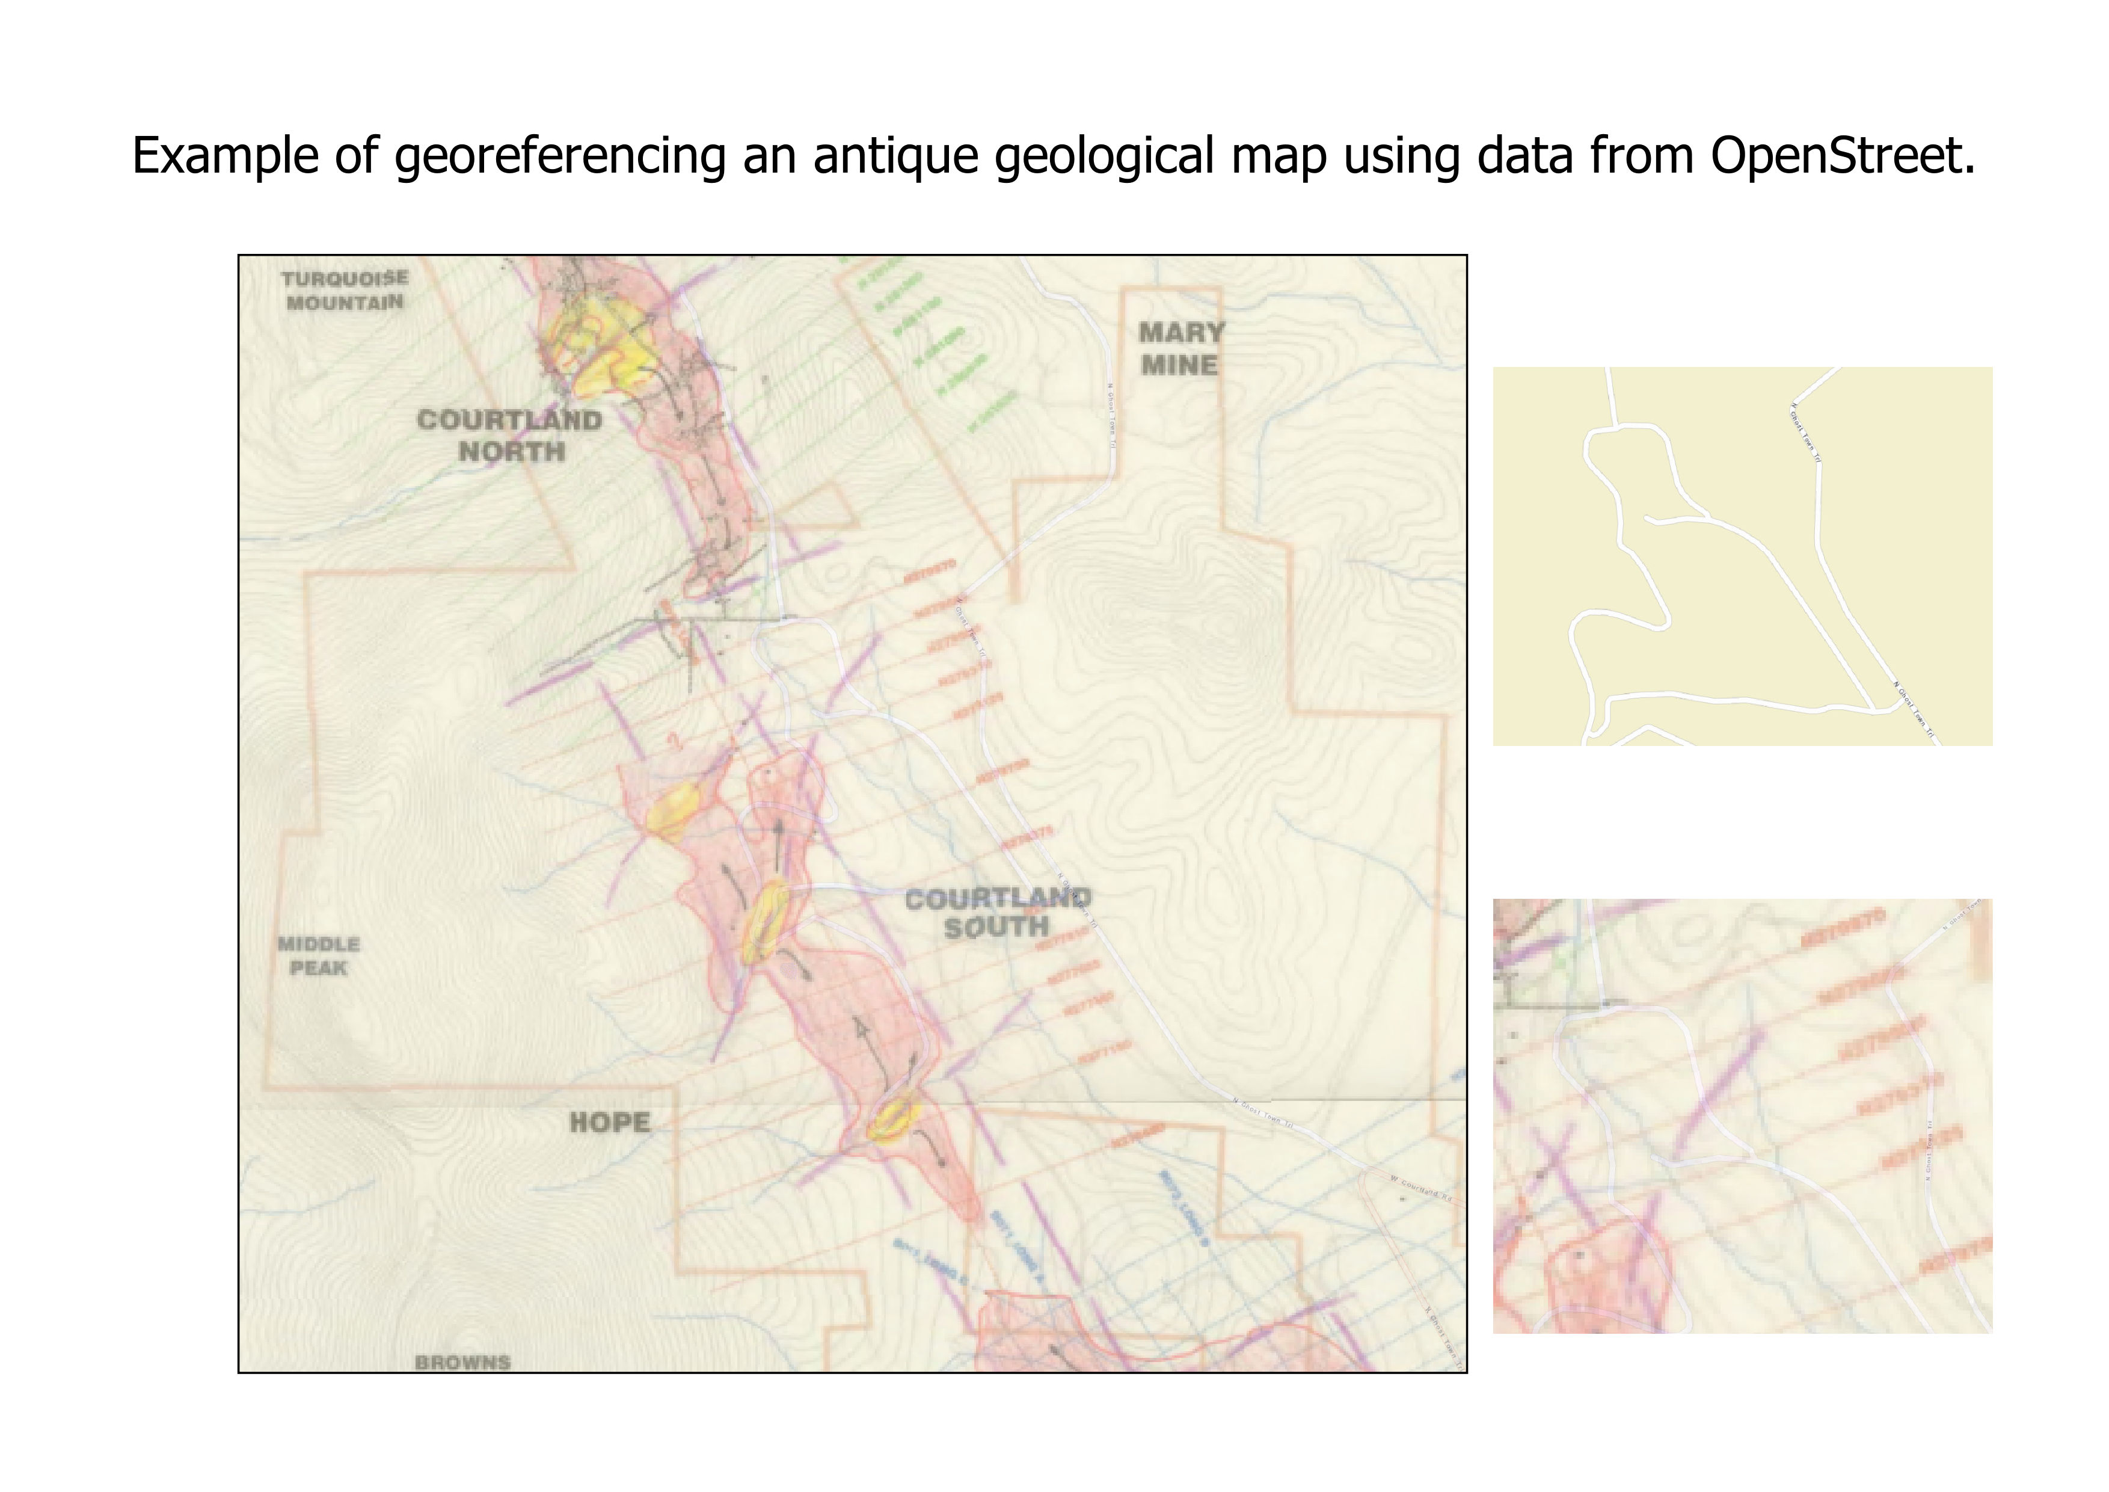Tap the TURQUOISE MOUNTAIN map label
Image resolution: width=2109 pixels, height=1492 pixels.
pyautogui.click(x=345, y=291)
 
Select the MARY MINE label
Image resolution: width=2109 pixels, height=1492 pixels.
pyautogui.click(x=1180, y=348)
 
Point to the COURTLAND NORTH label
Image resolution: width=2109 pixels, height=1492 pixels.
pyautogui.click(x=510, y=436)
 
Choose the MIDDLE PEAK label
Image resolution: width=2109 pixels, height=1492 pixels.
pyautogui.click(x=318, y=955)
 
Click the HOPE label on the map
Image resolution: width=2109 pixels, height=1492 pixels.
pyautogui.click(x=609, y=1122)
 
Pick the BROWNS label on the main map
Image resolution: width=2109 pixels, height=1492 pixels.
pyautogui.click(x=462, y=1363)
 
